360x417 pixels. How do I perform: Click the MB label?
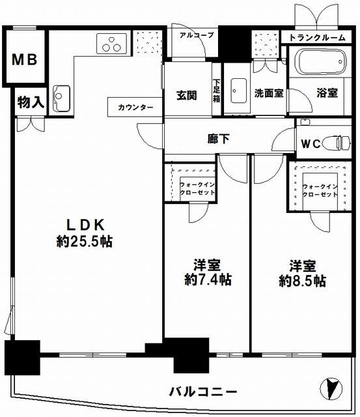tap(25, 59)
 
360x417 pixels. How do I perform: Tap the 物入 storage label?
tap(31, 102)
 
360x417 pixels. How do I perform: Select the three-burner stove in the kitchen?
tap(111, 44)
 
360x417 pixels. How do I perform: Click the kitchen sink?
tap(61, 98)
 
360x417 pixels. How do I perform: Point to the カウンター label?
tap(135, 107)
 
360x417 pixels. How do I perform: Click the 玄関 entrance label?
tap(187, 95)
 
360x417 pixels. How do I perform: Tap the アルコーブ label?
tap(197, 35)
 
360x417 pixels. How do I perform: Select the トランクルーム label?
tap(317, 38)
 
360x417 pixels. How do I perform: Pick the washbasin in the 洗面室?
tap(238, 91)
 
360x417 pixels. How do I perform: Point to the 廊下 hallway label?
tap(218, 139)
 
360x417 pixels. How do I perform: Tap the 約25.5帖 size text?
tap(85, 241)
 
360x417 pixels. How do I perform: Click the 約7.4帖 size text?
tap(208, 280)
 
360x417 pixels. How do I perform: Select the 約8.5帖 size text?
tap(303, 281)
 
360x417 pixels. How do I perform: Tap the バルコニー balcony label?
tap(203, 392)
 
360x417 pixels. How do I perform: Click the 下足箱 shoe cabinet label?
tap(217, 91)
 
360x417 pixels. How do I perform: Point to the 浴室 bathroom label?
tap(327, 93)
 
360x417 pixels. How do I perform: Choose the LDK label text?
tap(85, 225)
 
